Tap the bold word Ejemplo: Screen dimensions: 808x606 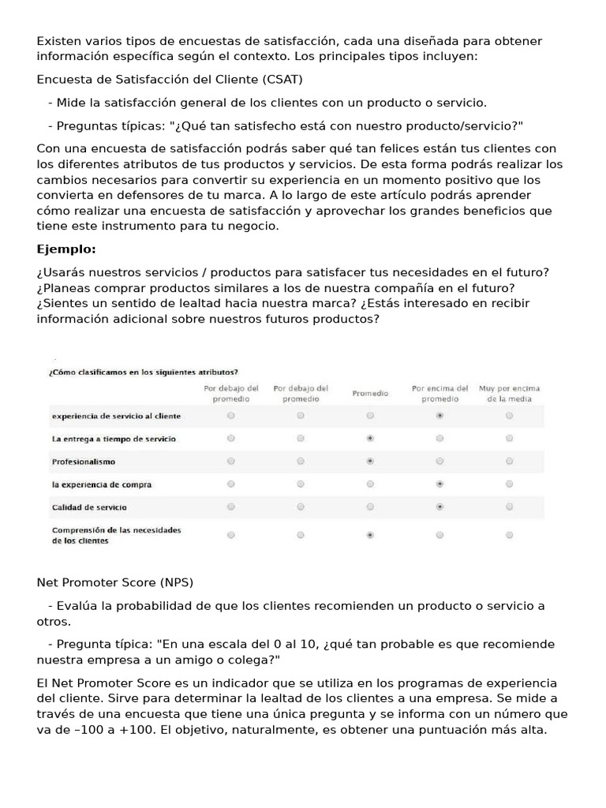pos(66,249)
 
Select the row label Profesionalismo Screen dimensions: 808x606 pos(84,461)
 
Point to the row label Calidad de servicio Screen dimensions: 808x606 pos(89,507)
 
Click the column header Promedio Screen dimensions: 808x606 pos(369,392)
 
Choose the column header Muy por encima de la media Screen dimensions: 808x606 pos(509,393)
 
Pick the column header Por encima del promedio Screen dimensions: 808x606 pos(440,393)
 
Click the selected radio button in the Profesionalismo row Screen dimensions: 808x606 pos(370,461)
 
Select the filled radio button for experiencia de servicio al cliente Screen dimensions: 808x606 pos(440,415)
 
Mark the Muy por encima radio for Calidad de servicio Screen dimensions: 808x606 pos(509,507)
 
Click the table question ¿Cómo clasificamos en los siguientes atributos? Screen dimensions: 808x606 pos(144,372)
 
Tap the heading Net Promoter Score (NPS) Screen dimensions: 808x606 pos(114,582)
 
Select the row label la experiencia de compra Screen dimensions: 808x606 pos(102,484)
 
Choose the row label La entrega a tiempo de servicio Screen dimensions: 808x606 pos(114,438)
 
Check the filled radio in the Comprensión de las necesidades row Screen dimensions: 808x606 pos(370,535)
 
